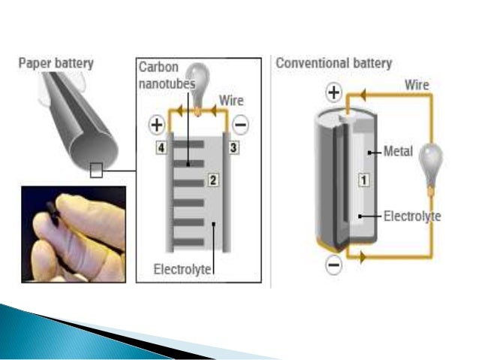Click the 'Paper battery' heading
(56, 62)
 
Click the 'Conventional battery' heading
(334, 62)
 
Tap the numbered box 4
(160, 148)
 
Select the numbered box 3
(233, 148)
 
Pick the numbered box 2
(212, 180)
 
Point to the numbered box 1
(364, 180)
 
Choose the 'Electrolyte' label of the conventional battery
(412, 216)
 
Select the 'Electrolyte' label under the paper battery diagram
(183, 269)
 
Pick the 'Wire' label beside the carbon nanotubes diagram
(231, 100)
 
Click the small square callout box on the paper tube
(96, 171)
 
